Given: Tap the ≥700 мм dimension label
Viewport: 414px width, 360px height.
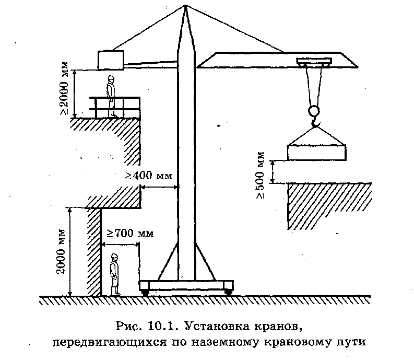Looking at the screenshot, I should click(131, 233).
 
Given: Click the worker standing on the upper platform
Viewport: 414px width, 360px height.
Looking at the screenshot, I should click(111, 96).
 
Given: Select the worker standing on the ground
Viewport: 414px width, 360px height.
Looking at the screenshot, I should click(114, 274).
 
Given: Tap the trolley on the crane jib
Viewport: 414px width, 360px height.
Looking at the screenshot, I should click(313, 62).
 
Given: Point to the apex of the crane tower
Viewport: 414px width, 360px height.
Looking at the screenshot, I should click(185, 6).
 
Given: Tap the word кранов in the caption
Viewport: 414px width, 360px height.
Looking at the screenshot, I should click(277, 328).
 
